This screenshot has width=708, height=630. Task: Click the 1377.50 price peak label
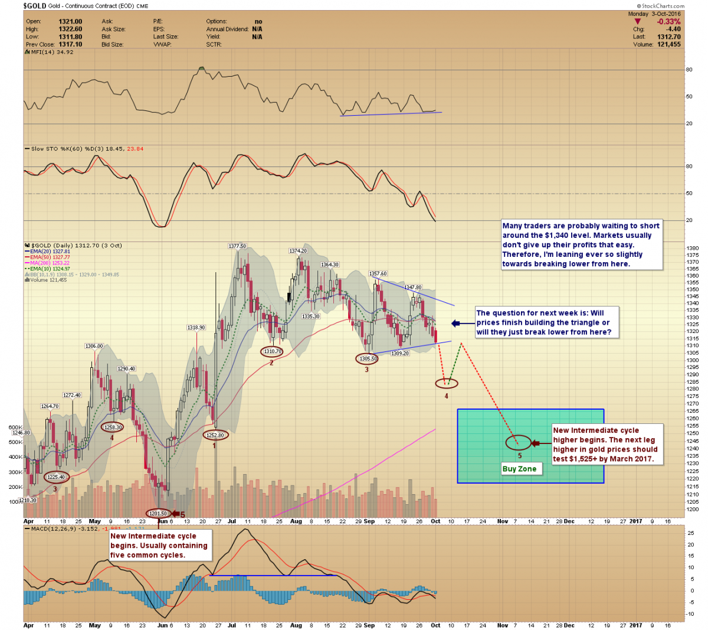[x=237, y=246]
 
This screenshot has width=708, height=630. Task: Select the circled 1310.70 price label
[x=272, y=351]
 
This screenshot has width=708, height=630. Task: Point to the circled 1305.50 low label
[x=366, y=358]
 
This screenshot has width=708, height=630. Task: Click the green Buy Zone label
[x=519, y=469]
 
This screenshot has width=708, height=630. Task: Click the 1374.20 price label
[x=298, y=251]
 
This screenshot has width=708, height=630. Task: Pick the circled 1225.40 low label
[x=56, y=477]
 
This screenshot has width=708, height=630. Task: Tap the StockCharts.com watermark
[x=663, y=6]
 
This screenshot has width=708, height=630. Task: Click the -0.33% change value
[x=669, y=22]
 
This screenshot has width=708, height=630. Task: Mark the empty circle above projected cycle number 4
[x=446, y=383]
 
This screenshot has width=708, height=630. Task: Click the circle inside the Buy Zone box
[x=519, y=443]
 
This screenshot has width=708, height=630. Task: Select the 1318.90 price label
[x=196, y=328]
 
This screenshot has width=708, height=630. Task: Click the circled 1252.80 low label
[x=215, y=435]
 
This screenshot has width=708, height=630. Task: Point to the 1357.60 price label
[x=378, y=273]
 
